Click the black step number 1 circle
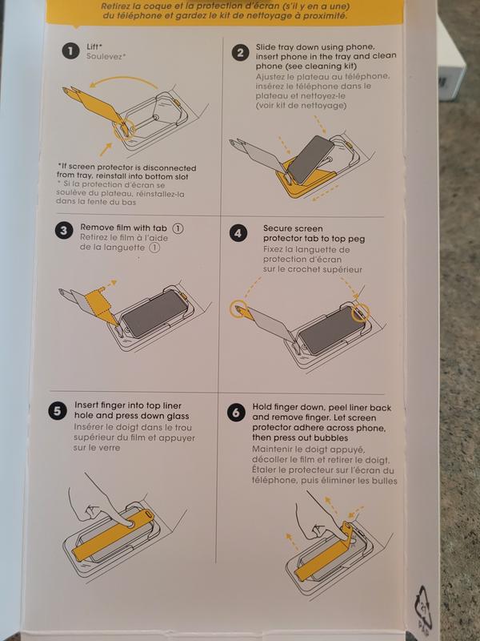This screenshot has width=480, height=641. (x=70, y=51)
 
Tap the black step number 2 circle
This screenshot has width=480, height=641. (x=240, y=53)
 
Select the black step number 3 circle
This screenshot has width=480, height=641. (x=63, y=231)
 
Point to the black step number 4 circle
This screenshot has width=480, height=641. (x=238, y=233)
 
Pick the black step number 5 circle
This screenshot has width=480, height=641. (x=57, y=411)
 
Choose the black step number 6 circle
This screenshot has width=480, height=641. (x=236, y=413)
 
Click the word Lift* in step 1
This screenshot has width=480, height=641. (x=94, y=46)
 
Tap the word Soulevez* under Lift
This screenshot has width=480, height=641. (x=106, y=56)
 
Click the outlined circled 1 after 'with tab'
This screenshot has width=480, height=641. (x=178, y=228)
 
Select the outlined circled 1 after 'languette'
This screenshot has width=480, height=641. (x=154, y=248)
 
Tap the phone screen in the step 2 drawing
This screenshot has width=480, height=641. (x=311, y=159)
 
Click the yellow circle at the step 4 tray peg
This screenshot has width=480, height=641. (x=360, y=312)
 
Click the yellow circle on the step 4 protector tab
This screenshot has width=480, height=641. (x=238, y=308)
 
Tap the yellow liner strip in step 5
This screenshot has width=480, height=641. (x=113, y=534)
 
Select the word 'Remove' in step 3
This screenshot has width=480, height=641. (x=94, y=228)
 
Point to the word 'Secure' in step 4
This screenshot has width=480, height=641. (x=276, y=228)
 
